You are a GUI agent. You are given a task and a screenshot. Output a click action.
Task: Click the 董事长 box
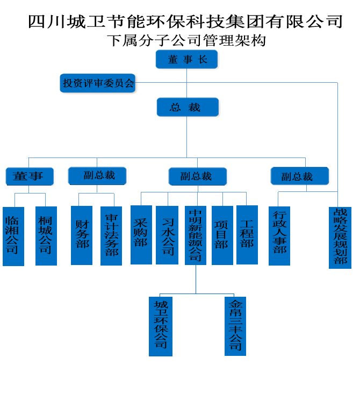pyautogui.click(x=187, y=59)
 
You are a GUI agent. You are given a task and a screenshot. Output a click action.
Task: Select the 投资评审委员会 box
pyautogui.click(x=98, y=84)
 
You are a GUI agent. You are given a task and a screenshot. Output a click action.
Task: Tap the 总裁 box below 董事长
pyautogui.click(x=188, y=107)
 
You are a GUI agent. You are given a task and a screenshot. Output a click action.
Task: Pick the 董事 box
pyautogui.click(x=30, y=176)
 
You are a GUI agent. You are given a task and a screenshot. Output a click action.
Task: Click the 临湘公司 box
pyautogui.click(x=13, y=236)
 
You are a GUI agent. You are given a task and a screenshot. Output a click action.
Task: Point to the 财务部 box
pyautogui.click(x=82, y=235)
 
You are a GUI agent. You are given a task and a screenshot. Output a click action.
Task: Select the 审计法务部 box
pyautogui.click(x=111, y=235)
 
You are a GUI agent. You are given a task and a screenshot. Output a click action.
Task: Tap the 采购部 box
pyautogui.click(x=141, y=235)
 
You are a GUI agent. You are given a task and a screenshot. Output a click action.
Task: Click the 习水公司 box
pyautogui.click(x=167, y=235)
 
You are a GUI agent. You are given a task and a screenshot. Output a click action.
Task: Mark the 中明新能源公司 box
pyautogui.click(x=196, y=235)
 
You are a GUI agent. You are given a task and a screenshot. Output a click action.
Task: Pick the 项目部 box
pyautogui.click(x=222, y=235)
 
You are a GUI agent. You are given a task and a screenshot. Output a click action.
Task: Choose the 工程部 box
pyautogui.click(x=247, y=235)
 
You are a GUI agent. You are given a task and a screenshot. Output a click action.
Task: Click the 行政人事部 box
pyautogui.click(x=279, y=235)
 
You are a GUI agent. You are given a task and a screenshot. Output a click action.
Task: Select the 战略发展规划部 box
pyautogui.click(x=340, y=237)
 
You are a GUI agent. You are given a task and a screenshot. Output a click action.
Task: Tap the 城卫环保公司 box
pyautogui.click(x=161, y=326)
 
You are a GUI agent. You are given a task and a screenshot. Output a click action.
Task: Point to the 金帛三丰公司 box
pyautogui.click(x=235, y=326)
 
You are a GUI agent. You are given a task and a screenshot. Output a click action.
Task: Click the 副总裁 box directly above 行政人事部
pyautogui.click(x=299, y=176)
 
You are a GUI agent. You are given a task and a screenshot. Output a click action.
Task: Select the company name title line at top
pyautogui.click(x=185, y=22)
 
